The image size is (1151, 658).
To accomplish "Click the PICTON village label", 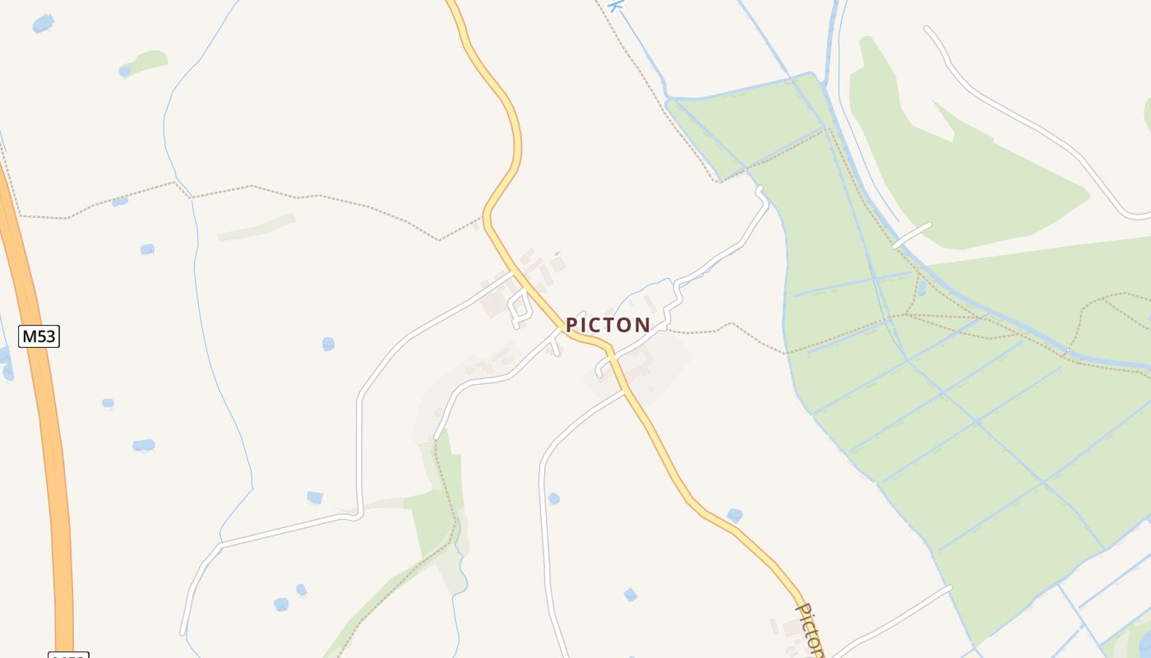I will (608, 325).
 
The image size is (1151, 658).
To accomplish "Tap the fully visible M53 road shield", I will (39, 336).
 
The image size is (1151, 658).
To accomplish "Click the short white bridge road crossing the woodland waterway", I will (912, 235).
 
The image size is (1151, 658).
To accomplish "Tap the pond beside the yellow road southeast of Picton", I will (734, 515).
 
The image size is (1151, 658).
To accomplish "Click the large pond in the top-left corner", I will (43, 23).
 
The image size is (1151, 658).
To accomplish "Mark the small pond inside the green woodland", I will (921, 288).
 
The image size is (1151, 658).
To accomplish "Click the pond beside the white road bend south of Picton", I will (553, 498).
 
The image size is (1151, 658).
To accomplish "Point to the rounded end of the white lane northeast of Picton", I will (760, 192).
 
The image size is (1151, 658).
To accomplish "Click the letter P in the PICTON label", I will (572, 325).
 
